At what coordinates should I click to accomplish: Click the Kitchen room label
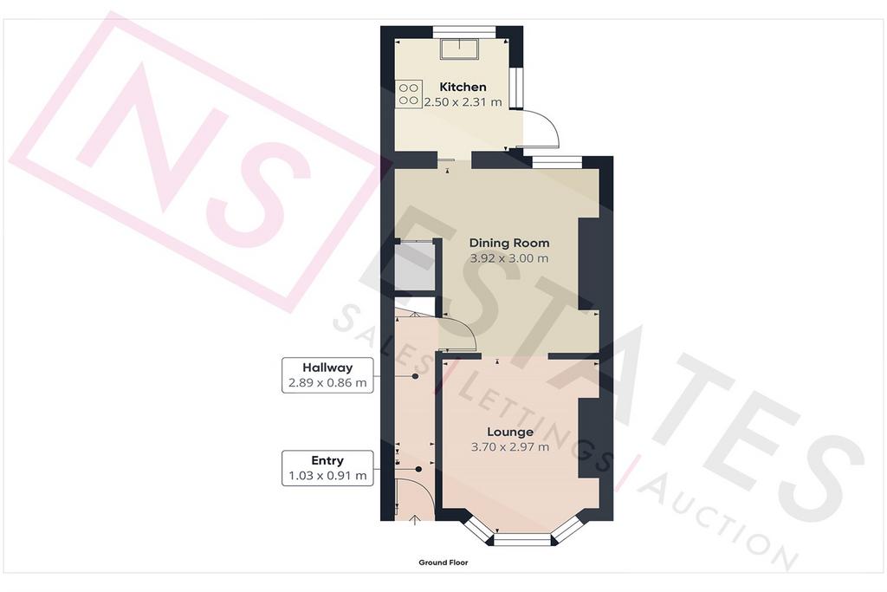click(463, 87)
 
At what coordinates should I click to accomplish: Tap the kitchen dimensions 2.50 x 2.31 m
click(463, 102)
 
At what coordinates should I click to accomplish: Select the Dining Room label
click(509, 243)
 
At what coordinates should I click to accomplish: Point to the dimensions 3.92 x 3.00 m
click(509, 258)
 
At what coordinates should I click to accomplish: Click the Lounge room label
click(510, 432)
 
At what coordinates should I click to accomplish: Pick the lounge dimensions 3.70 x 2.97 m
click(510, 447)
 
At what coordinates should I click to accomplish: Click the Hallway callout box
click(327, 374)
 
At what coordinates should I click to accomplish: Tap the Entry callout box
click(327, 468)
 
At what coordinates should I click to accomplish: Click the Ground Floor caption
click(443, 563)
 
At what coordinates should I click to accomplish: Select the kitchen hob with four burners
click(409, 94)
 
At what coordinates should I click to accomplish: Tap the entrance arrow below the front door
click(415, 520)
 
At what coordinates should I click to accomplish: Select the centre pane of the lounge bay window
click(522, 540)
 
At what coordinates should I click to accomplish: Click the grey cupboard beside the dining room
click(415, 267)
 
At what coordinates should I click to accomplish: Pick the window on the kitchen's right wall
click(515, 88)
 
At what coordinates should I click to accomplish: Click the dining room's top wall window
click(557, 161)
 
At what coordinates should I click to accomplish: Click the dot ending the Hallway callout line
click(415, 376)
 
